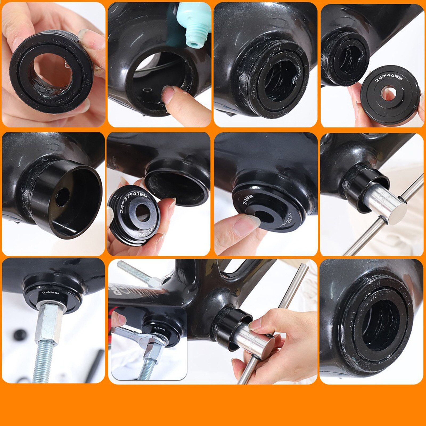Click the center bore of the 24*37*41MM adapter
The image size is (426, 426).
tap(142, 213)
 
